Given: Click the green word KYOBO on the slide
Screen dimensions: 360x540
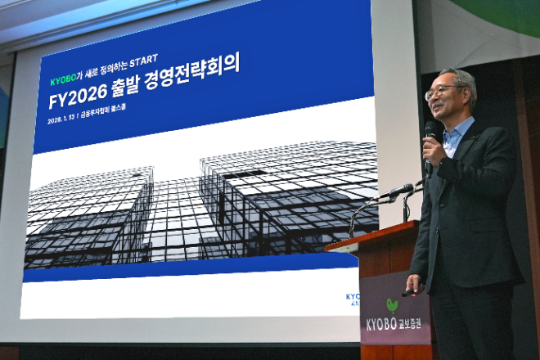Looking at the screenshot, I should click(63, 82).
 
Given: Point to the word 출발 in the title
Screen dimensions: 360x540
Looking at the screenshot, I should click(144, 85).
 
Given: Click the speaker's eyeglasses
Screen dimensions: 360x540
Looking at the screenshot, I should click(442, 91).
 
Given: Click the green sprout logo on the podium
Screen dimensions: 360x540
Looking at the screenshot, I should click(393, 306).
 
